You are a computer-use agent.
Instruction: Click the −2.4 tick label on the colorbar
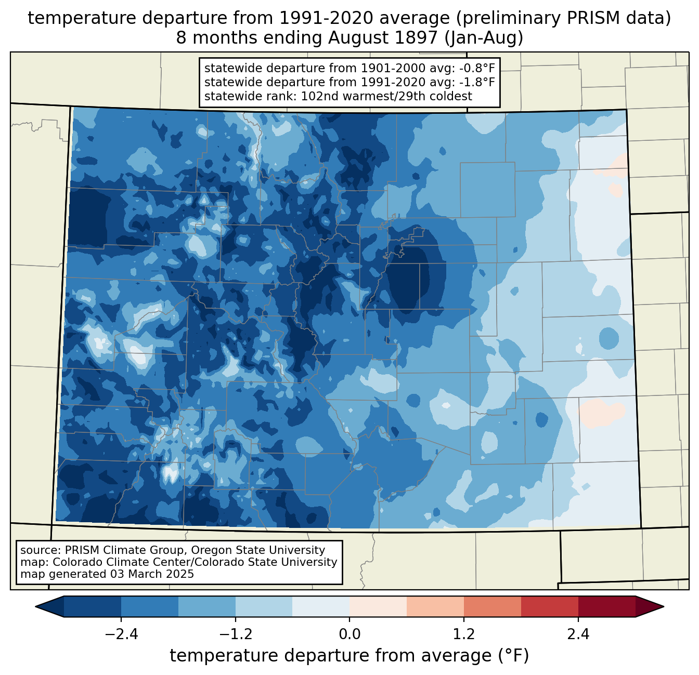(x=121, y=634)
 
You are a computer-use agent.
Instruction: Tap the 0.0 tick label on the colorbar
(x=349, y=634)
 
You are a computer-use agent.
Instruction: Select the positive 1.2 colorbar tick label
(x=464, y=634)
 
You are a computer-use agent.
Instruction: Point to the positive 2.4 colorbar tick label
(x=578, y=634)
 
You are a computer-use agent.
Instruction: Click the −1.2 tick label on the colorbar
(x=236, y=634)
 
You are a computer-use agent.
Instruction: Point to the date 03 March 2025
(x=152, y=574)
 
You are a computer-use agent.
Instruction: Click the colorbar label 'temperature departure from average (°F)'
(x=349, y=656)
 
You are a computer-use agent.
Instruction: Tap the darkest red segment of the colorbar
(x=606, y=606)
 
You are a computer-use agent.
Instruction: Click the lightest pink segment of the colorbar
(x=378, y=606)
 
